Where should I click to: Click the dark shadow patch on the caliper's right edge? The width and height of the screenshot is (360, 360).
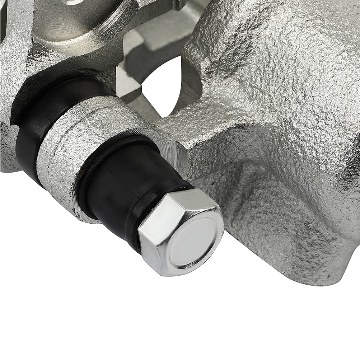pyautogui.click(x=354, y=162)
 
